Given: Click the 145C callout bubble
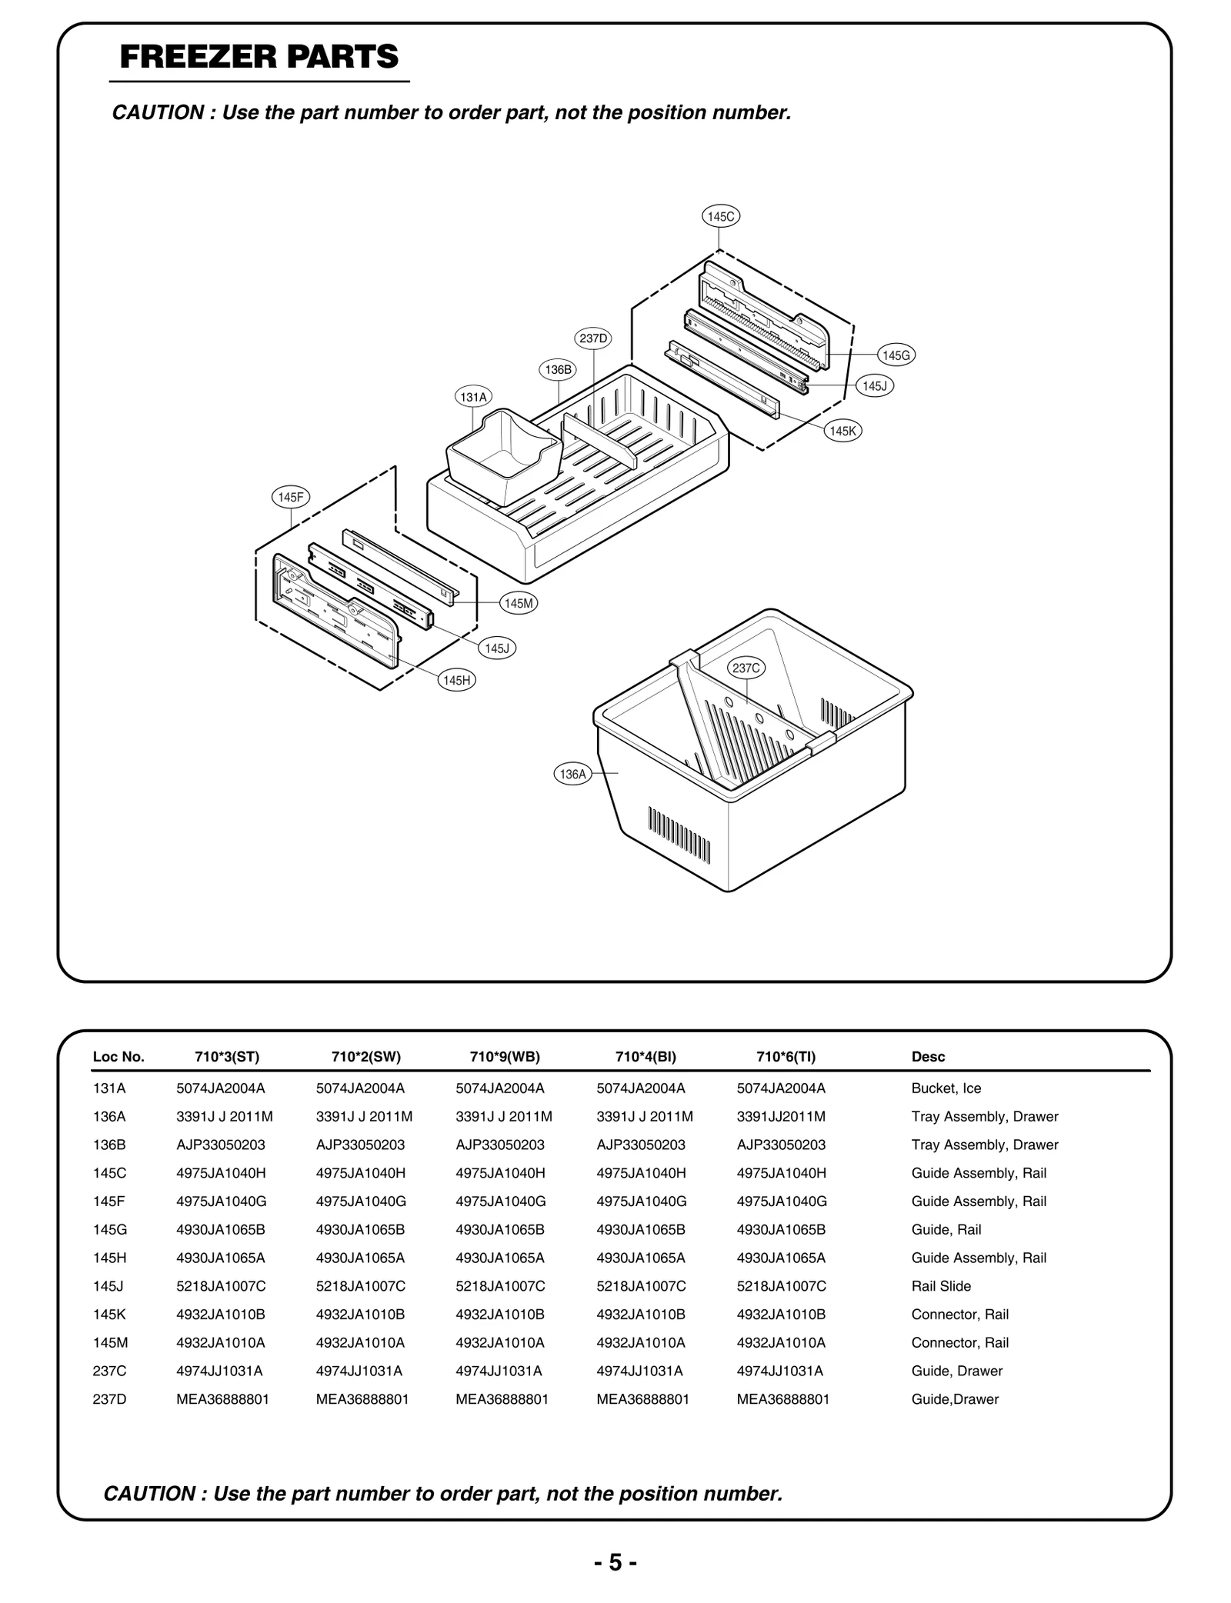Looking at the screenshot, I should pyautogui.click(x=720, y=217).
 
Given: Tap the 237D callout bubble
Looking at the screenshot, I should pyautogui.click(x=593, y=338).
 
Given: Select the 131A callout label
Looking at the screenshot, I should pyautogui.click(x=473, y=398).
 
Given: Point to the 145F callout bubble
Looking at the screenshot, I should pyautogui.click(x=291, y=498).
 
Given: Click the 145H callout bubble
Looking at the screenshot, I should pyautogui.click(x=456, y=680).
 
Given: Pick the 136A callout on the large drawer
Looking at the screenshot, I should pyautogui.click(x=572, y=775).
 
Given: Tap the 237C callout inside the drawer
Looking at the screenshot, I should pyautogui.click(x=746, y=668).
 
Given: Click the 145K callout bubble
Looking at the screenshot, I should pyautogui.click(x=842, y=432).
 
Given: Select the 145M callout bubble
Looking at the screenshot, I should pyautogui.click(x=519, y=604).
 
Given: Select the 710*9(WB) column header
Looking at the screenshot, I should pyautogui.click(x=505, y=1057).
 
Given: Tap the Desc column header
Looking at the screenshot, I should pyautogui.click(x=928, y=1057).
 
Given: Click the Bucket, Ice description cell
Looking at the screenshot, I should pyautogui.click(x=946, y=1088).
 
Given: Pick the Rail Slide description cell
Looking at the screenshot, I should pyautogui.click(x=941, y=1286).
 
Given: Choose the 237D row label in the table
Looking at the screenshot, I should pyautogui.click(x=109, y=1399).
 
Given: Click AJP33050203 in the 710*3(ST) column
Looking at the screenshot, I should pyautogui.click(x=220, y=1145).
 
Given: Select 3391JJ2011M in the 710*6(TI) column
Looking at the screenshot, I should pyautogui.click(x=781, y=1116).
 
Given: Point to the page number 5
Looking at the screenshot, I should pyautogui.click(x=615, y=1562).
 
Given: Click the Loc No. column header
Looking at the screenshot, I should pyautogui.click(x=118, y=1057).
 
